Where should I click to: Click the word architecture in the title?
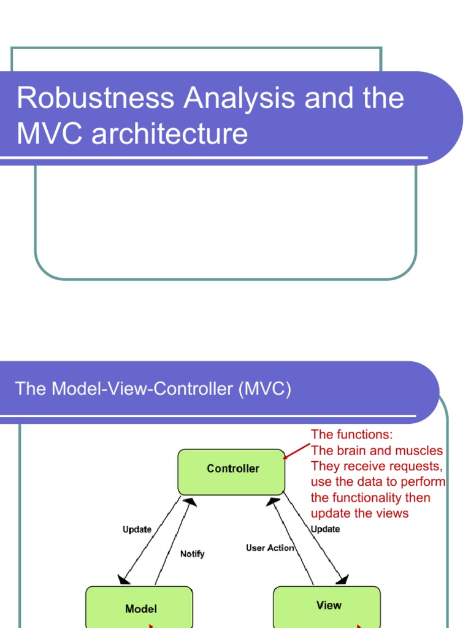[x=170, y=134]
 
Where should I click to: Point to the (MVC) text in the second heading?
[x=265, y=389]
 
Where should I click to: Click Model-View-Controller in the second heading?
[x=144, y=389]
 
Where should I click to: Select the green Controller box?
[x=231, y=472]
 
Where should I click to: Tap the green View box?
[x=326, y=606]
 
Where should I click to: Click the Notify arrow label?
[x=192, y=554]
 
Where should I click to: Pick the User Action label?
[x=270, y=548]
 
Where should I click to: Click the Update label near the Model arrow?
[x=137, y=529]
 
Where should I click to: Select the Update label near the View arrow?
[x=325, y=529]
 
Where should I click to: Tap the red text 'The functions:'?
[x=351, y=435]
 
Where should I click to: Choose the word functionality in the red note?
[x=370, y=497]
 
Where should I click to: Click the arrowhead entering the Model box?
[x=123, y=580]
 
